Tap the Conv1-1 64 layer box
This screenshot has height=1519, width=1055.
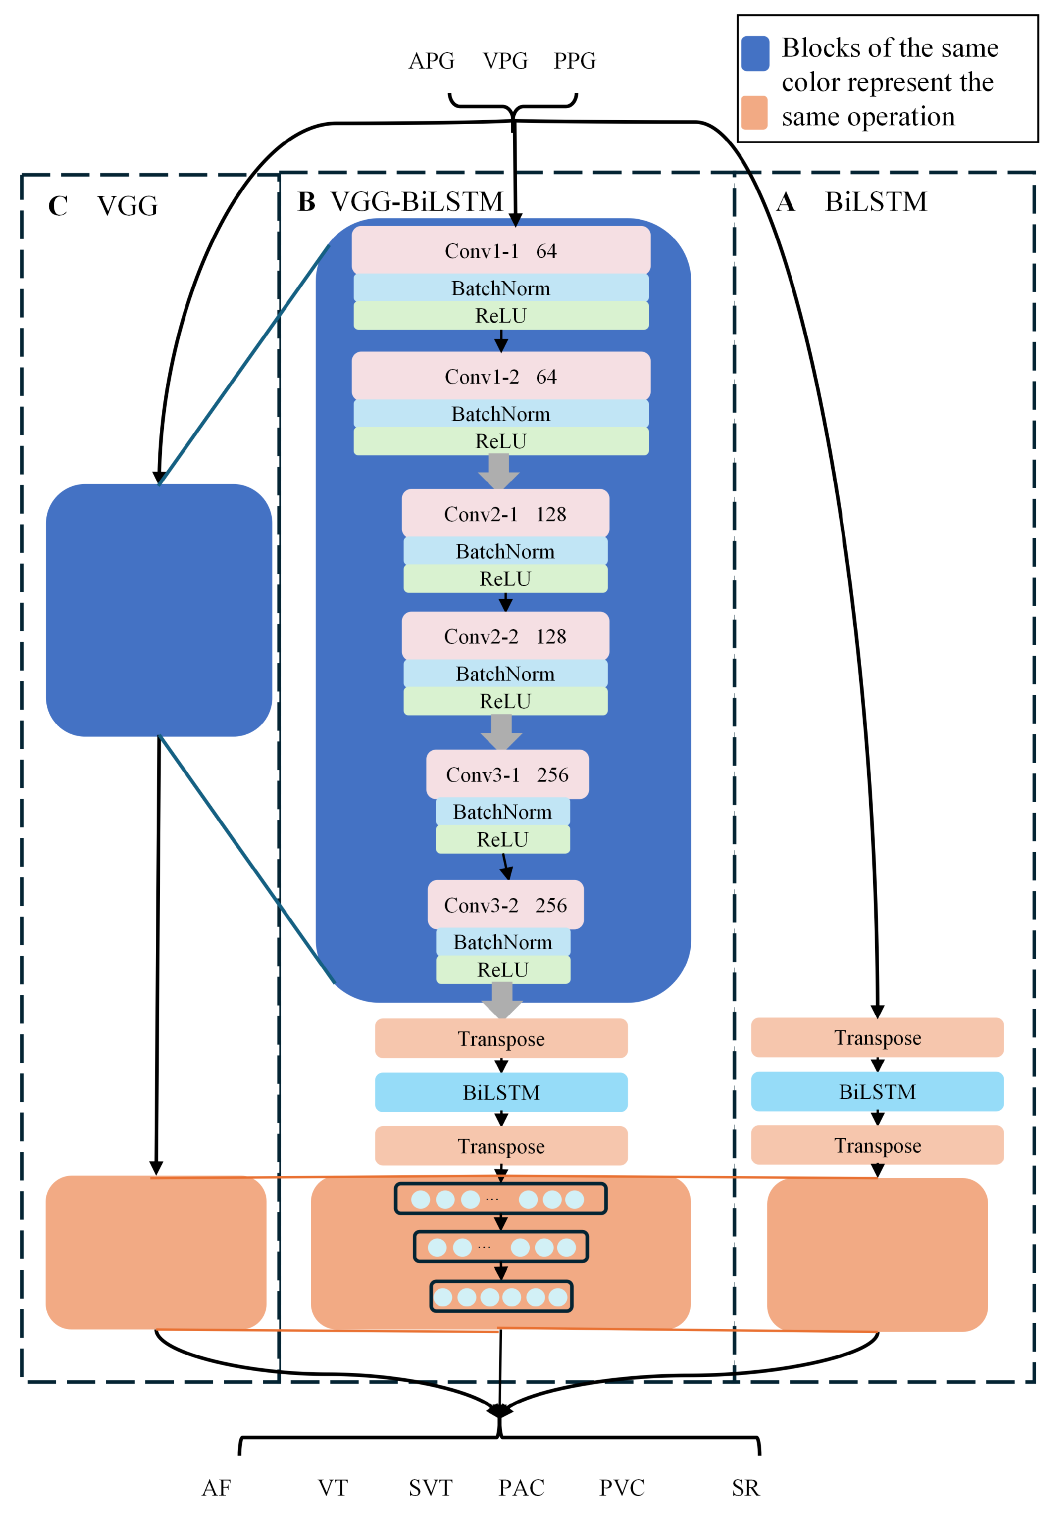click(x=501, y=251)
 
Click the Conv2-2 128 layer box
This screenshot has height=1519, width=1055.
click(x=505, y=636)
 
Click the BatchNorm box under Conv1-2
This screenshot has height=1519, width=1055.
click(x=501, y=414)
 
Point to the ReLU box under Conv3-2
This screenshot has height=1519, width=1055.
click(x=503, y=970)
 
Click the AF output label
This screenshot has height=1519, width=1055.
click(x=216, y=1488)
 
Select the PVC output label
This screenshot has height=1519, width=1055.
click(x=621, y=1488)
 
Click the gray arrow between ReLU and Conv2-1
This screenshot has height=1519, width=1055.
click(x=499, y=471)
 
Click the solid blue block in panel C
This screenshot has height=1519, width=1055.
click(x=159, y=609)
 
